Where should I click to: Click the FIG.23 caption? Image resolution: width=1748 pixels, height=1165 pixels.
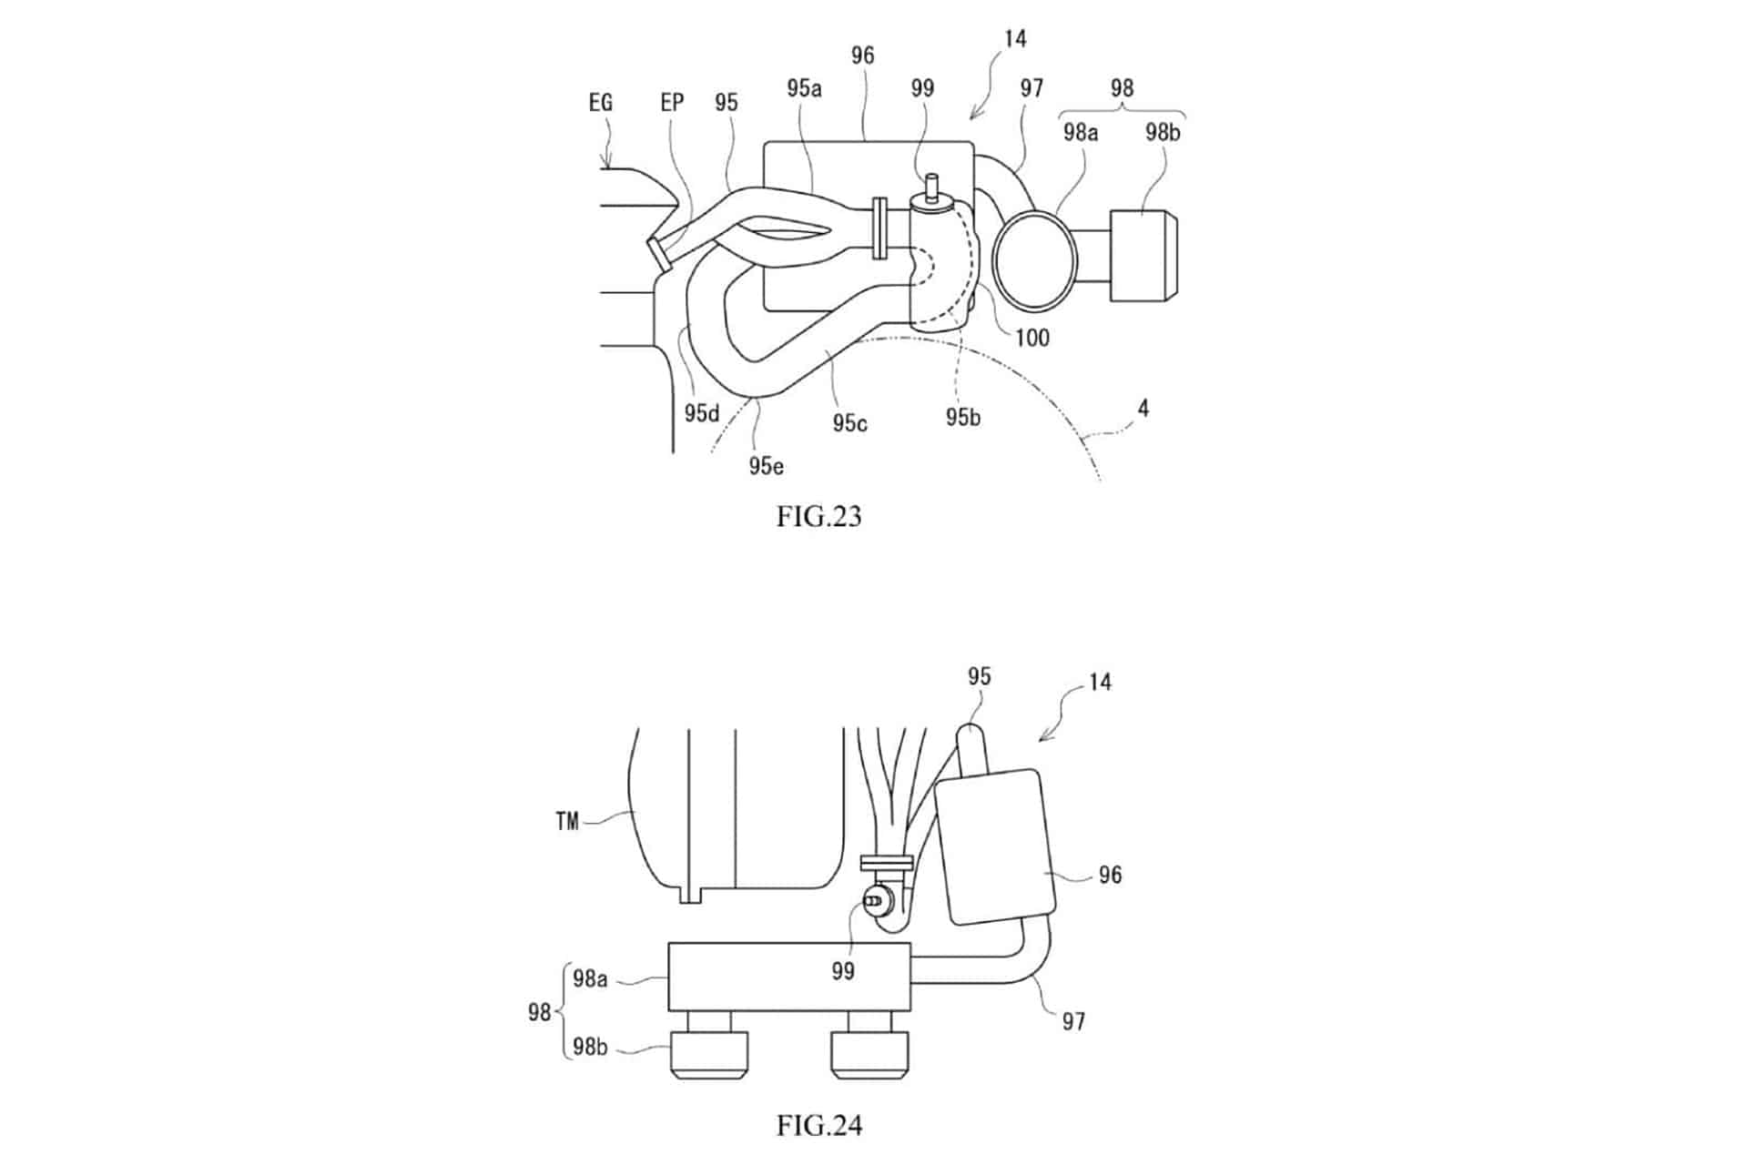(x=818, y=517)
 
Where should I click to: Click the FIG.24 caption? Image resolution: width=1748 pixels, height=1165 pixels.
(x=818, y=1126)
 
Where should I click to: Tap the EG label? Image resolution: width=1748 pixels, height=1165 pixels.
(x=601, y=103)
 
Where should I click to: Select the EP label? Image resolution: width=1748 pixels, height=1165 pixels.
(x=672, y=103)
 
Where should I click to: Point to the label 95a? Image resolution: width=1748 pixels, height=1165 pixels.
(x=805, y=88)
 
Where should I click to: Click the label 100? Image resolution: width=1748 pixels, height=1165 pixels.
(x=1032, y=338)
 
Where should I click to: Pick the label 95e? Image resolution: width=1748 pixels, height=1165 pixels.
(x=767, y=466)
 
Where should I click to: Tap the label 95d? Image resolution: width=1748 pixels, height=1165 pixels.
(x=702, y=413)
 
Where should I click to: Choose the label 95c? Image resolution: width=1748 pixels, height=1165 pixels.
(x=849, y=423)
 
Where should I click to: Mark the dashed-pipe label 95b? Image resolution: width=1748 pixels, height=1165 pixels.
(x=963, y=417)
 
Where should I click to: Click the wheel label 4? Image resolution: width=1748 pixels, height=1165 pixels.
(x=1143, y=409)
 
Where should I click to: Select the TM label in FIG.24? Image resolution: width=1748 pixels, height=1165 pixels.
(x=567, y=822)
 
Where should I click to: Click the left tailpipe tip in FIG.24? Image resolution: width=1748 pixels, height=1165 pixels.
(x=709, y=1055)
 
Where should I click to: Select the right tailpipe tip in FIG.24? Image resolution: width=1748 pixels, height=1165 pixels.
(x=870, y=1055)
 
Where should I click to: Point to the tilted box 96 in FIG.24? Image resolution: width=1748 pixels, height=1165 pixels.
(x=995, y=847)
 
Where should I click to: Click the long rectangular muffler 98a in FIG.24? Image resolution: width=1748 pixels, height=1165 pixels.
(x=789, y=977)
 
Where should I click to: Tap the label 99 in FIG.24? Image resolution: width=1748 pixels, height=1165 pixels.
(x=843, y=971)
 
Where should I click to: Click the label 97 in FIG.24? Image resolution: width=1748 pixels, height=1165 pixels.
(x=1074, y=1021)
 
